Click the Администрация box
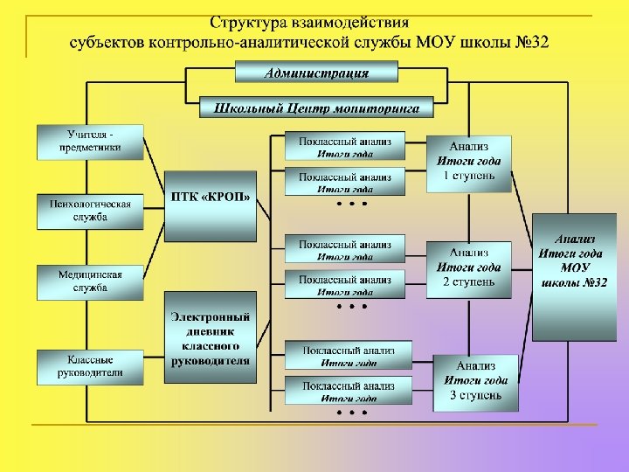[x=317, y=73]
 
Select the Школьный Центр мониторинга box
[x=317, y=108]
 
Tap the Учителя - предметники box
[x=90, y=142]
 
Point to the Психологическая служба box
[x=90, y=211]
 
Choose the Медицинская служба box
[x=90, y=281]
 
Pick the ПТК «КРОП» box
[x=211, y=205]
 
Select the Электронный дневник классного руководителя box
[x=211, y=337]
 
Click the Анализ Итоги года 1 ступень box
[x=469, y=162]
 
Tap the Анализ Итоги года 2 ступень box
[x=469, y=268]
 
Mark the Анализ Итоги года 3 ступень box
[x=475, y=381]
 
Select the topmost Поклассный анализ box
[x=345, y=145]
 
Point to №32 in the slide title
[x=531, y=42]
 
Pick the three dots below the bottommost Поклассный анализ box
[x=351, y=411]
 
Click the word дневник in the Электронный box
[x=211, y=331]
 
